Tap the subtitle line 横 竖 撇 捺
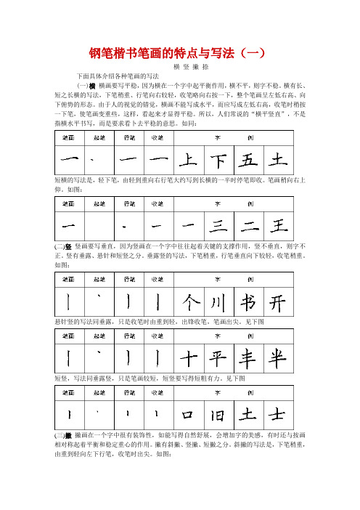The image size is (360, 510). click(180, 66)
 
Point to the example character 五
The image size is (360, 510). click(247, 159)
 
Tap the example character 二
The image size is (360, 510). click(247, 222)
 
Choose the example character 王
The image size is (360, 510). click(277, 222)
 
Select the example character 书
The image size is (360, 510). click(247, 301)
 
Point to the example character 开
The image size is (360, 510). click(277, 301)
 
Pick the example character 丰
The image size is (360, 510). click(247, 356)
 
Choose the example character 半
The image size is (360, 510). click(277, 356)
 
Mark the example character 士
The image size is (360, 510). click(277, 413)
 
